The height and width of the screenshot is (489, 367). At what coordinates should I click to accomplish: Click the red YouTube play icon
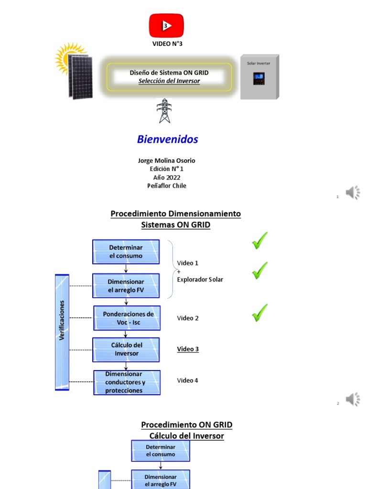point(166,25)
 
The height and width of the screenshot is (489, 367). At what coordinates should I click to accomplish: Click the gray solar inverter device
point(259,77)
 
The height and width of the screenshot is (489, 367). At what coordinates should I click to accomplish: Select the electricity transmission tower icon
point(164,111)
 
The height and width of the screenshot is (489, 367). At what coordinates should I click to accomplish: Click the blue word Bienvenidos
point(167,139)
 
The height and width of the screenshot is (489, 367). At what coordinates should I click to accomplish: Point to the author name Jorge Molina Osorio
point(166,161)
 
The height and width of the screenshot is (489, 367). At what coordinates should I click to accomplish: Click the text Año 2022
point(166,178)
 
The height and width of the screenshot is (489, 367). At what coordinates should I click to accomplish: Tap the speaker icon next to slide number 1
point(353,193)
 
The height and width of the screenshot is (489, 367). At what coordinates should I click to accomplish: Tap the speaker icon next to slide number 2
point(353,399)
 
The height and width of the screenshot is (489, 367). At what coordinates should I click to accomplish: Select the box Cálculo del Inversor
point(126,350)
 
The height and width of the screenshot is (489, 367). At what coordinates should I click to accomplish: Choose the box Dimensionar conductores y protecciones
point(127,383)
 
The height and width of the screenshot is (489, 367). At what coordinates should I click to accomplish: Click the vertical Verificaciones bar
point(62,332)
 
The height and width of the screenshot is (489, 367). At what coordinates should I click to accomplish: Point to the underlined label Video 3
point(188,349)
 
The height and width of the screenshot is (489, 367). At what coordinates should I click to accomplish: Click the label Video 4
point(187,381)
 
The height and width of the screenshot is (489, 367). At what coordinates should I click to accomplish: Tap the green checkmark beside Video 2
point(259,313)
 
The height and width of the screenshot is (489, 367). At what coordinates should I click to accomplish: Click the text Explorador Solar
point(200,279)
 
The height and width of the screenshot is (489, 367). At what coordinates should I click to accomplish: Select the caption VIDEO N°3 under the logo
point(167,44)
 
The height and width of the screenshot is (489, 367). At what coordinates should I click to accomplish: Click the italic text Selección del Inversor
point(169,81)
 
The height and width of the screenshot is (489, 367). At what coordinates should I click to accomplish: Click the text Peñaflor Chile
point(166,186)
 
